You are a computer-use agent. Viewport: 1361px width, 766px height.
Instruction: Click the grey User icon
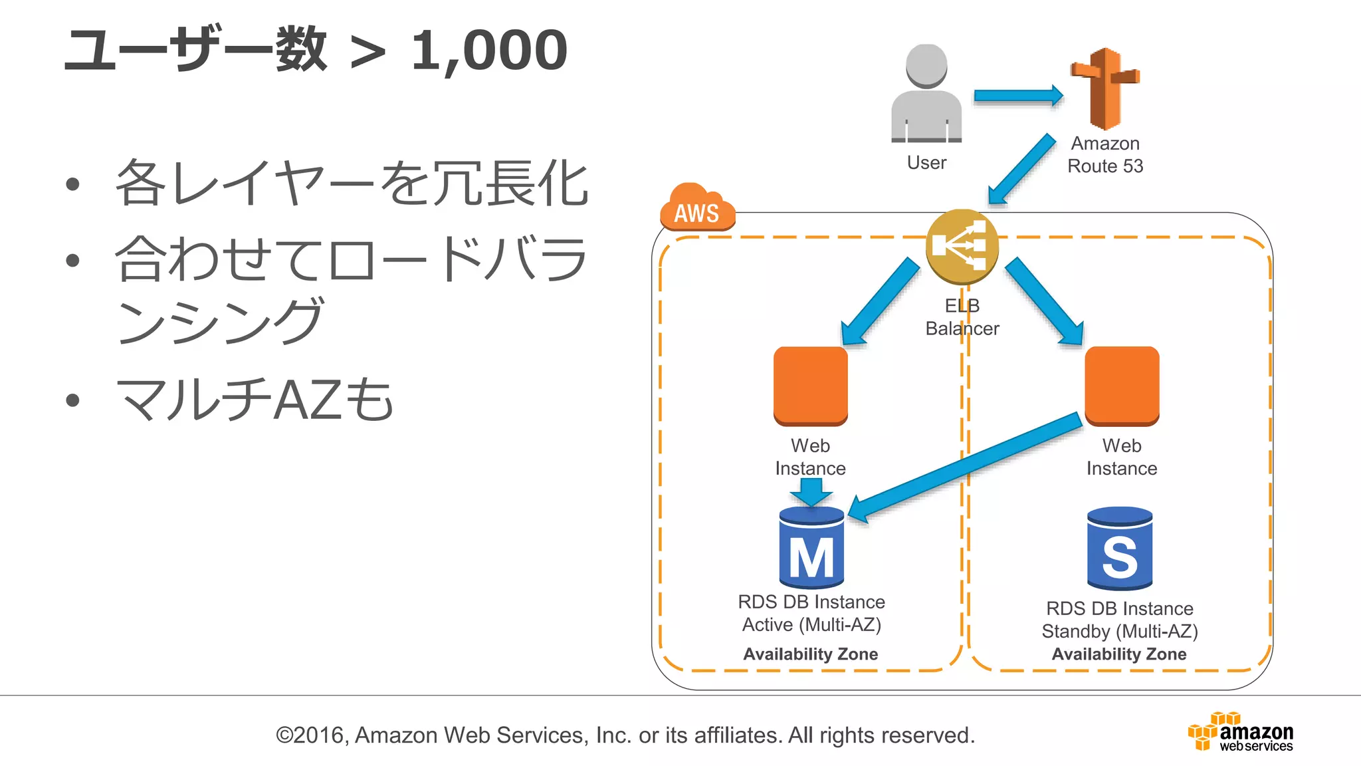(x=926, y=95)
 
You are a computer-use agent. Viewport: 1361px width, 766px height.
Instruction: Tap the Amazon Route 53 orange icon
(x=1104, y=88)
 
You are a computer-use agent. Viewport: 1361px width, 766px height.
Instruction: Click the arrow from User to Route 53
(x=1017, y=96)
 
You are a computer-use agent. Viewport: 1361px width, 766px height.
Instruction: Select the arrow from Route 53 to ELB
(x=1021, y=169)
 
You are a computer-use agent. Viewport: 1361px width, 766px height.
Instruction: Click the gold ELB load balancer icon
(x=962, y=246)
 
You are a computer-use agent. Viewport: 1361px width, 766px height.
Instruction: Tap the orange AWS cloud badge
(x=697, y=209)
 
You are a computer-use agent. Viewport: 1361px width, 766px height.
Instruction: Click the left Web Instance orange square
(x=810, y=386)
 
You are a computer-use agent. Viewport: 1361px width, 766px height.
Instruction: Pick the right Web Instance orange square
(x=1122, y=386)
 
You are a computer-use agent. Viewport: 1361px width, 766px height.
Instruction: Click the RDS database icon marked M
(x=811, y=548)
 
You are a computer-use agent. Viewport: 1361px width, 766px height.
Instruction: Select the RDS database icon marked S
(x=1120, y=549)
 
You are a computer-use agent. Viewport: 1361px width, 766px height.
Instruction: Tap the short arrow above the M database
(x=811, y=492)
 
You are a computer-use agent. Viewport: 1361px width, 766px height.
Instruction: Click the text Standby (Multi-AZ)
(x=1120, y=631)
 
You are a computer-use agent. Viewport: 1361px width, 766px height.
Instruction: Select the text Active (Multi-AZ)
(x=811, y=624)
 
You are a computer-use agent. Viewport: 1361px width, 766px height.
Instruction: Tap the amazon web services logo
(x=1241, y=731)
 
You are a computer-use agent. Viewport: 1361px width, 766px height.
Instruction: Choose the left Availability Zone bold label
(x=810, y=654)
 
